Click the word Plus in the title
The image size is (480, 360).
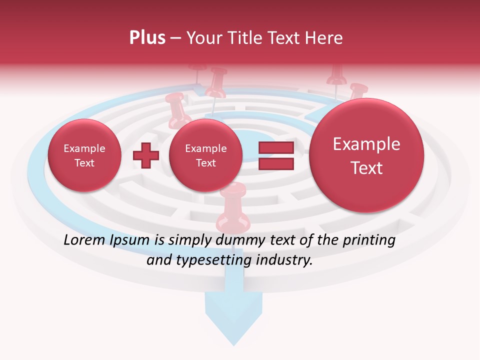point(147,38)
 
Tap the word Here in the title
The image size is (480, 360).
point(325,38)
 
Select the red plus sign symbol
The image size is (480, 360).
point(145,155)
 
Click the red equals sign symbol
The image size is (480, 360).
point(276,155)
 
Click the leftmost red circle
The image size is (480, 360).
point(84,155)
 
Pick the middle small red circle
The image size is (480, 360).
point(205,155)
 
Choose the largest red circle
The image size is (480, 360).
point(366,155)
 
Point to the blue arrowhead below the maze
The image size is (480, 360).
point(233,320)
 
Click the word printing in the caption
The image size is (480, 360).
point(370,240)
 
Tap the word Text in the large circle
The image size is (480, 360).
point(366,168)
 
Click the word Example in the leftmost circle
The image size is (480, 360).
point(84,148)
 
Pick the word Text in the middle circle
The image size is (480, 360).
point(205,163)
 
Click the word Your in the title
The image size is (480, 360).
point(204,38)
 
